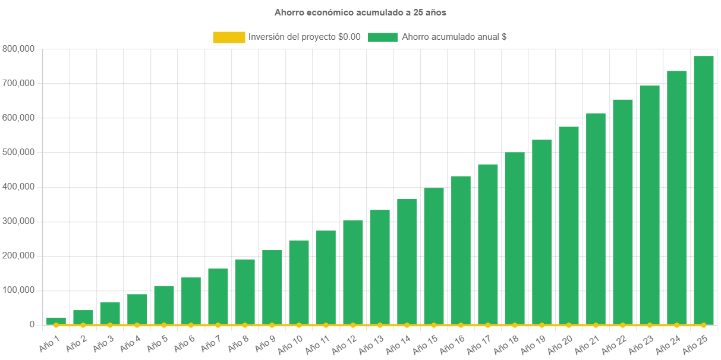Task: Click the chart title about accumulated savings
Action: (360, 12)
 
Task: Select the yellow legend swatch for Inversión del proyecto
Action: (229, 37)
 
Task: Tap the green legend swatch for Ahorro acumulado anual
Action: (382, 37)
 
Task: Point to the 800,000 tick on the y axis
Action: (18, 48)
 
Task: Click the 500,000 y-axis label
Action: (18, 152)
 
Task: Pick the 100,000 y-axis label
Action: (18, 290)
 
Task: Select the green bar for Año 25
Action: (704, 190)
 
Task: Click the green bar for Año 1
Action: (56, 321)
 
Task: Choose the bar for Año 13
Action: (380, 267)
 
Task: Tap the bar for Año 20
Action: (569, 226)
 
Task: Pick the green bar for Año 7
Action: (218, 297)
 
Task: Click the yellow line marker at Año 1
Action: (56, 325)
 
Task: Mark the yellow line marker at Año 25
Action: (704, 325)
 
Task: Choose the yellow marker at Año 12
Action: (353, 325)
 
